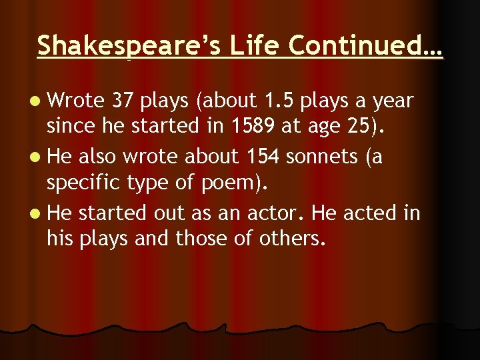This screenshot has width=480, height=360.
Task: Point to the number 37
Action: [x=124, y=101]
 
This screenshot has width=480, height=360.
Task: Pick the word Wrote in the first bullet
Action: [x=77, y=101]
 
